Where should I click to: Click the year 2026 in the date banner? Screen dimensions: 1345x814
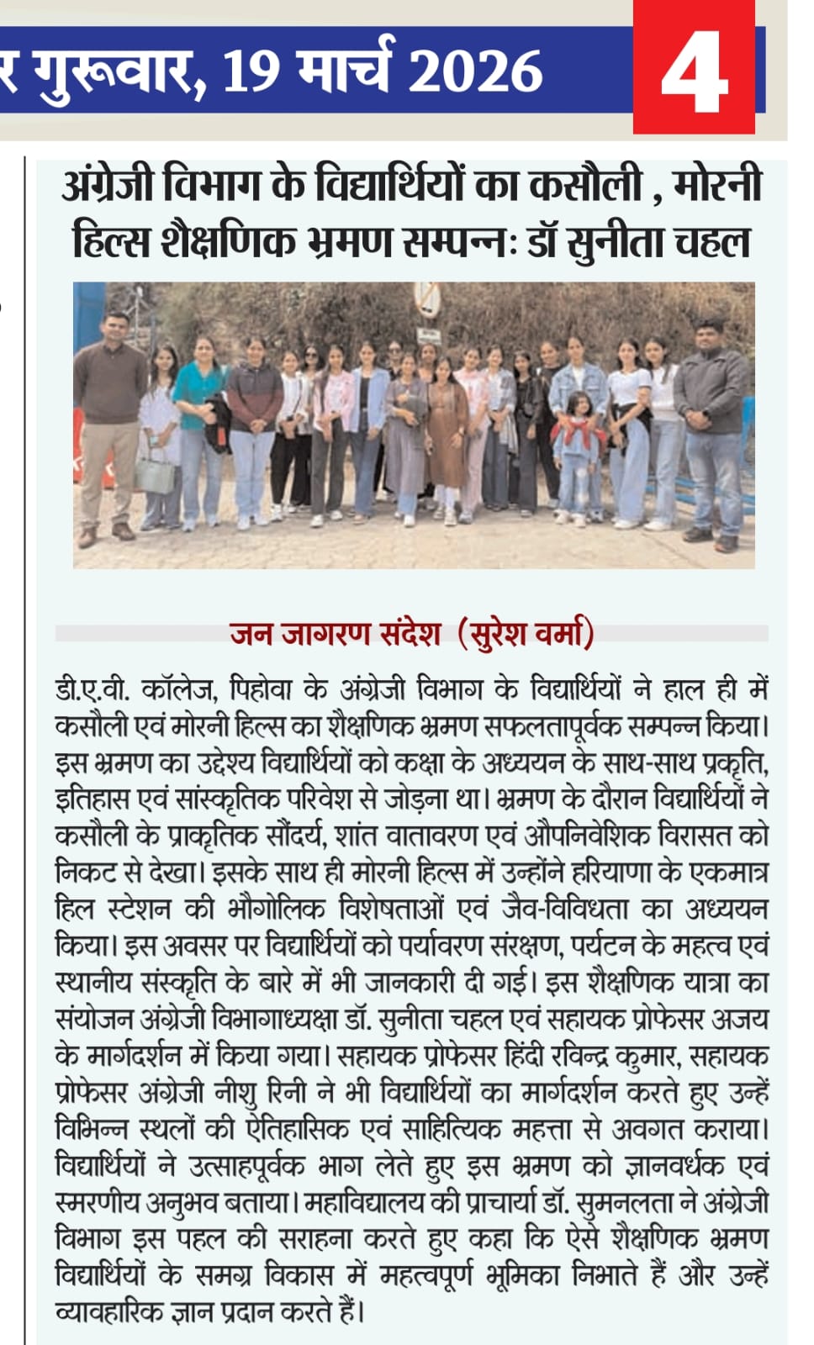click(x=475, y=71)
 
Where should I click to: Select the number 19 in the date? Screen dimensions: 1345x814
click(x=250, y=71)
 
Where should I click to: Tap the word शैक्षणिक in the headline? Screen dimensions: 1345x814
click(x=226, y=243)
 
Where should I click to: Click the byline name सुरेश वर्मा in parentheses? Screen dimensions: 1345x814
click(x=527, y=633)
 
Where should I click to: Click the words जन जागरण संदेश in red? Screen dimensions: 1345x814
click(x=336, y=633)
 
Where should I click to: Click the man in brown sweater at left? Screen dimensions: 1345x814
click(x=110, y=420)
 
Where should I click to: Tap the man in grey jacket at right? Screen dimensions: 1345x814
click(x=711, y=429)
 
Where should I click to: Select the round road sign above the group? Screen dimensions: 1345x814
click(x=427, y=298)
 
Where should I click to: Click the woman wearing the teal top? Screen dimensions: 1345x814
click(x=200, y=420)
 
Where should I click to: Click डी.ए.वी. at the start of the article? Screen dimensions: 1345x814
click(x=92, y=690)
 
